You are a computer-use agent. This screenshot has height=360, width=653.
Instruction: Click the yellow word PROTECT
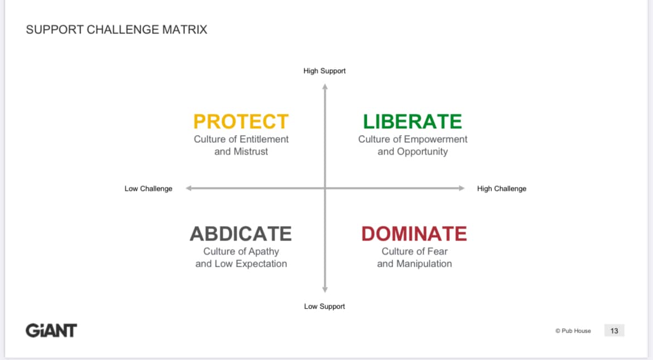[241, 122]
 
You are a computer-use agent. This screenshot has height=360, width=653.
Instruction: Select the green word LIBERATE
[412, 122]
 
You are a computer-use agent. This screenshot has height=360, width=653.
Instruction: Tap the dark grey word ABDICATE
[241, 234]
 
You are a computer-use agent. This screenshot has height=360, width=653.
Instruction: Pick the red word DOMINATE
[414, 234]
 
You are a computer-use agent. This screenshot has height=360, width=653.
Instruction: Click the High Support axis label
[324, 71]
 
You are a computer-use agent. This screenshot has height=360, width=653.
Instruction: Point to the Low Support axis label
[324, 306]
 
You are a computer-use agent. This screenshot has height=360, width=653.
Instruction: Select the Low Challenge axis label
[148, 189]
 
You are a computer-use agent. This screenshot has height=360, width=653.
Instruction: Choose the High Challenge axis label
[501, 189]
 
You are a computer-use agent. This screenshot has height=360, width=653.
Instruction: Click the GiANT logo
[51, 330]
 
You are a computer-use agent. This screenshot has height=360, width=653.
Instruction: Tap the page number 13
[614, 331]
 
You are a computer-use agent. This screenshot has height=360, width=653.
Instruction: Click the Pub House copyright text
[573, 331]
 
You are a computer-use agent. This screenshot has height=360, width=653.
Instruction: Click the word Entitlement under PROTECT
[265, 139]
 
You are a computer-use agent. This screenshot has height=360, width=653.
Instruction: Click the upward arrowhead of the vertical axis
[325, 87]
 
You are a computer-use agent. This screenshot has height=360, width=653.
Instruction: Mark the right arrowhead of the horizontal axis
[462, 188]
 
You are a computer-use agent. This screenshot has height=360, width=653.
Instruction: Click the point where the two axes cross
[325, 188]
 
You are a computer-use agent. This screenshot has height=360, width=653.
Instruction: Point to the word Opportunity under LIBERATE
[422, 152]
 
